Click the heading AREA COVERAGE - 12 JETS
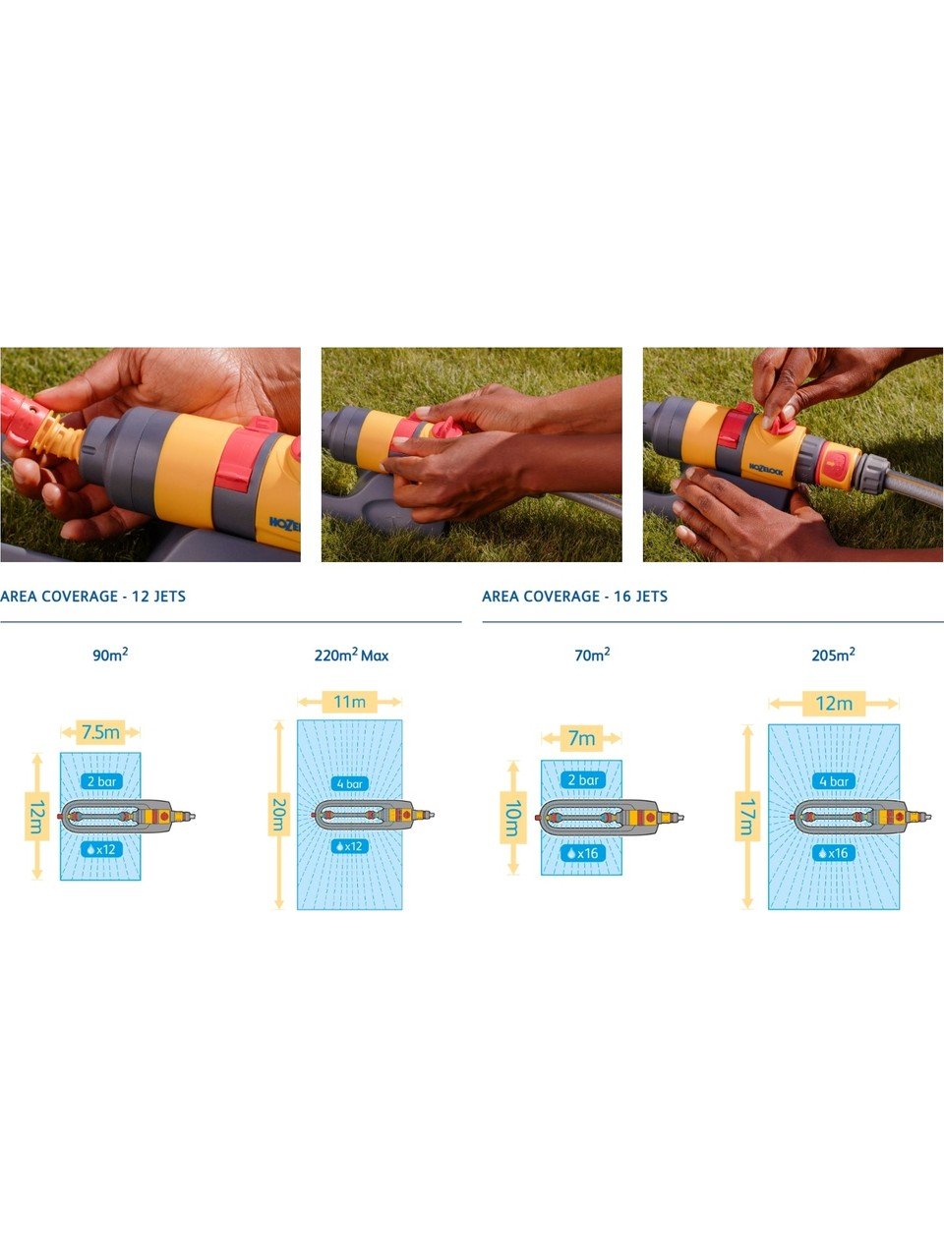pyautogui.click(x=92, y=597)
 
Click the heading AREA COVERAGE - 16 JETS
pyautogui.click(x=575, y=597)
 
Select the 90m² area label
pyautogui.click(x=110, y=655)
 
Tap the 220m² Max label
pyautogui.click(x=351, y=656)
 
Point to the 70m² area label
pyautogui.click(x=592, y=655)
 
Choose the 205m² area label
pyautogui.click(x=834, y=655)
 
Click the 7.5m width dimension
pyautogui.click(x=100, y=732)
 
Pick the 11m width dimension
pyautogui.click(x=350, y=702)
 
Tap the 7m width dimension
pyautogui.click(x=581, y=738)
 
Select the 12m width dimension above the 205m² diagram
pyautogui.click(x=834, y=704)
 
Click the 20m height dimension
pyautogui.click(x=278, y=815)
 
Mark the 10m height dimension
pyautogui.click(x=513, y=818)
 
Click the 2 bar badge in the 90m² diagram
pyautogui.click(x=101, y=781)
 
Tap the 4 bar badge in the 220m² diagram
pyautogui.click(x=350, y=783)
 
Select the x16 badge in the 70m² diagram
pyautogui.click(x=582, y=853)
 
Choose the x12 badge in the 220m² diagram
pyautogui.click(x=349, y=846)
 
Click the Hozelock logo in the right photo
pyautogui.click(x=766, y=470)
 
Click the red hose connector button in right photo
pyautogui.click(x=835, y=464)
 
